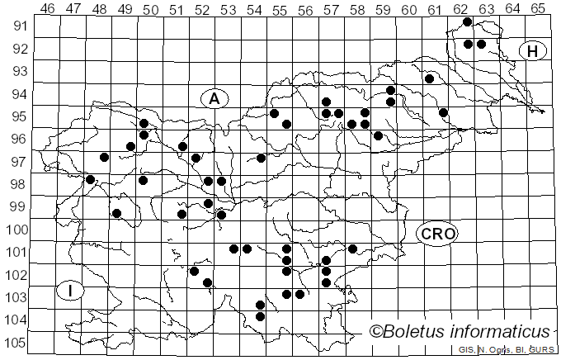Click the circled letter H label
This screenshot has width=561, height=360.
tap(533, 51)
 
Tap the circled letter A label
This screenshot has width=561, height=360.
tap(214, 99)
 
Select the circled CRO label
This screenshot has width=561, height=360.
tap(437, 234)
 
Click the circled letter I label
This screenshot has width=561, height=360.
tap(71, 291)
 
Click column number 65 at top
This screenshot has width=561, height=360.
tap(537, 8)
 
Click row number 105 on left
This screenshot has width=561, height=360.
tap(16, 343)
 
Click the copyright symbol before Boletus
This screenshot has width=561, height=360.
tap(375, 332)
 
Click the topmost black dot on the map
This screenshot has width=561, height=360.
tap(468, 22)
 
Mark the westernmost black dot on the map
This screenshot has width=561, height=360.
tap(91, 179)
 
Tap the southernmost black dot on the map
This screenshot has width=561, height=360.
tap(261, 316)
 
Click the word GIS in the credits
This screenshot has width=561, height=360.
tap(466, 350)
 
